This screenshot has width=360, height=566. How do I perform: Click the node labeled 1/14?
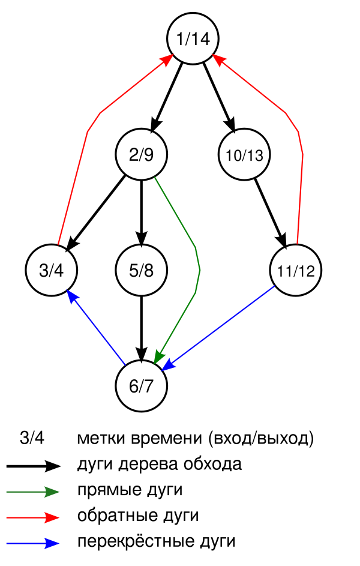pos(193,40)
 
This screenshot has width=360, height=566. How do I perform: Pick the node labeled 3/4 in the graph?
pos(51,270)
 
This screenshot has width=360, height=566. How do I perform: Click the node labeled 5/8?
pos(142,270)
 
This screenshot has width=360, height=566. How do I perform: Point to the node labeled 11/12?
pos(296,270)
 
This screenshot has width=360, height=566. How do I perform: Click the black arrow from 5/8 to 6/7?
pos(142,327)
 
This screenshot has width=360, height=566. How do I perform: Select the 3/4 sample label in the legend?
pos(32,438)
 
